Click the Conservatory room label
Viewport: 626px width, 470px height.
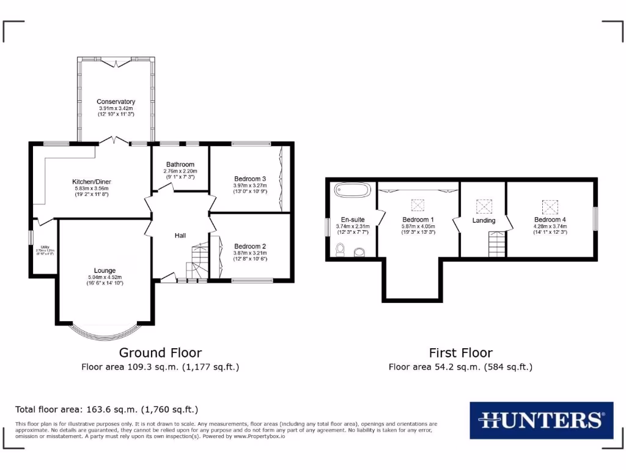pos(116,102)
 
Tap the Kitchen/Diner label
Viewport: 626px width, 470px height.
pos(91,182)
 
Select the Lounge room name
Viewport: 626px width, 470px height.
pos(105,270)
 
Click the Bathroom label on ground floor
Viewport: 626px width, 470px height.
pos(180,165)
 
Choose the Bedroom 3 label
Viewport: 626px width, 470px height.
pos(250,179)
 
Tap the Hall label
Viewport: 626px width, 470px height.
pos(180,236)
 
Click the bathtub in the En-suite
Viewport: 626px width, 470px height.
pos(352,190)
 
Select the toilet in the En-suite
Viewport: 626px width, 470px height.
pos(341,250)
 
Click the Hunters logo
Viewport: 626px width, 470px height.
pos(541,420)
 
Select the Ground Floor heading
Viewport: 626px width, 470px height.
pos(160,352)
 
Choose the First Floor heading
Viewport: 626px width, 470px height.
pos(460,352)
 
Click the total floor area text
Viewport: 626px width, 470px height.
pos(106,409)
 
